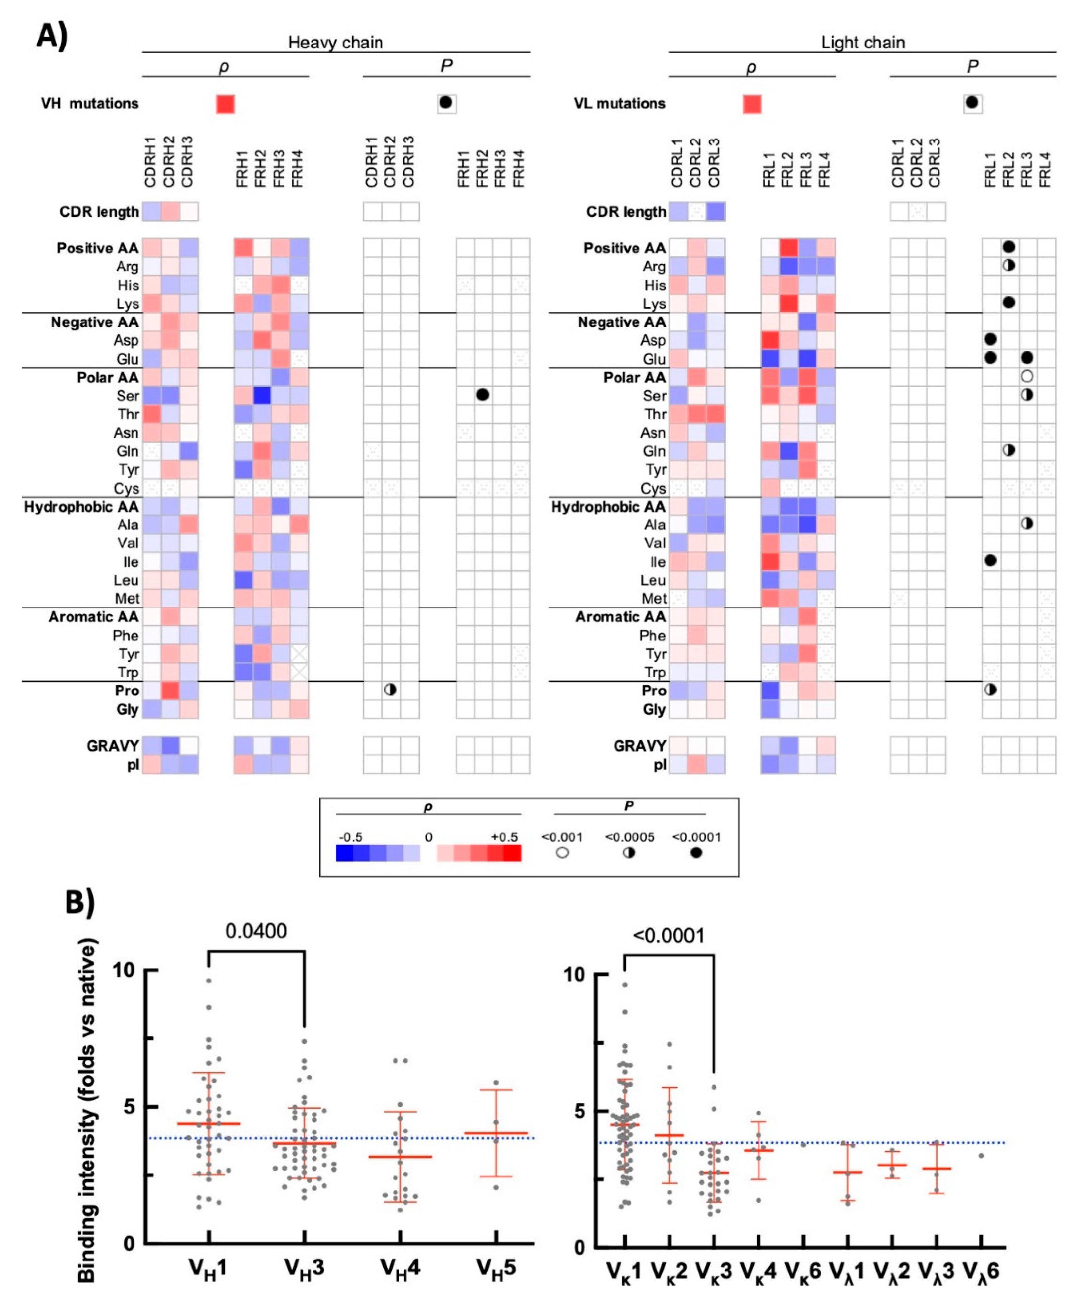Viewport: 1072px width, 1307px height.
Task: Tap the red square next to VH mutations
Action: pos(225,104)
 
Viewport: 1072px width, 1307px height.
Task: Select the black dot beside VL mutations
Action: pos(972,103)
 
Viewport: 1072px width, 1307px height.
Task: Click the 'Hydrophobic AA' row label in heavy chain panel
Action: pos(81,507)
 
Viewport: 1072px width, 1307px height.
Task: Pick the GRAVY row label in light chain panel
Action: pos(639,746)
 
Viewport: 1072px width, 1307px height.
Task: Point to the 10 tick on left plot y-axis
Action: pos(124,970)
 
